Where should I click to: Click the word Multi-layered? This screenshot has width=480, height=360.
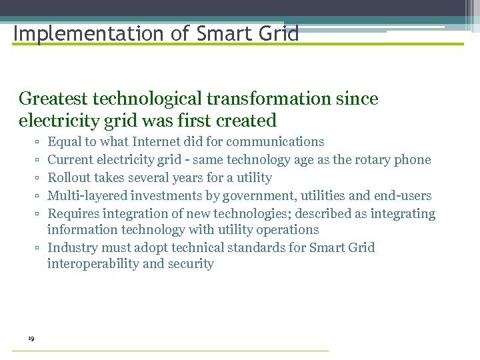(87, 196)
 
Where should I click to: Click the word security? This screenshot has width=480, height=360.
(191, 264)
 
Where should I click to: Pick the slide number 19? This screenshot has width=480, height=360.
(31, 339)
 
